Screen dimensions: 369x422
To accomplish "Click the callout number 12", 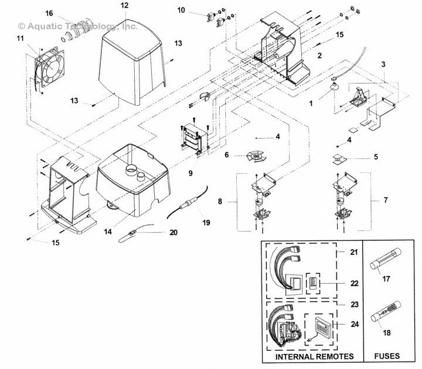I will tap(124, 5).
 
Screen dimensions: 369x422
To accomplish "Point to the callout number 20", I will tap(173, 232).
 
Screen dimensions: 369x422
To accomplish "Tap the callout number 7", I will tap(385, 199).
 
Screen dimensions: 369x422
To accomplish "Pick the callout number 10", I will tap(181, 11).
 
